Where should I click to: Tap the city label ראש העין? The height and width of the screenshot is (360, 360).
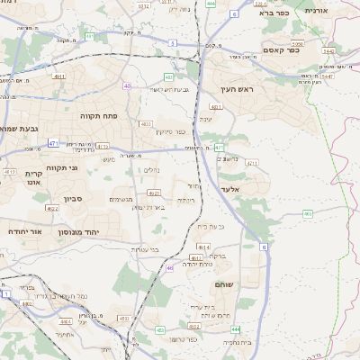(x=238, y=89)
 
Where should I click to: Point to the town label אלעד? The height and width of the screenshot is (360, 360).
(x=231, y=190)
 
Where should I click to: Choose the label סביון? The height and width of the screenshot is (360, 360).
(x=72, y=199)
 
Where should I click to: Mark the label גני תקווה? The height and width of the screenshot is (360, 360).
(x=61, y=168)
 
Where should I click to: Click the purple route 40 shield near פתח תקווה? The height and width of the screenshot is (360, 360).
(x=127, y=85)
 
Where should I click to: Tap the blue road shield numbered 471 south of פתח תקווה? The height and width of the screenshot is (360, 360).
(x=54, y=142)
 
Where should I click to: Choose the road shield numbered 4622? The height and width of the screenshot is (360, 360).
(x=52, y=208)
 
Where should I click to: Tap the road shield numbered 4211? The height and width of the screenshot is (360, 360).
(x=251, y=164)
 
